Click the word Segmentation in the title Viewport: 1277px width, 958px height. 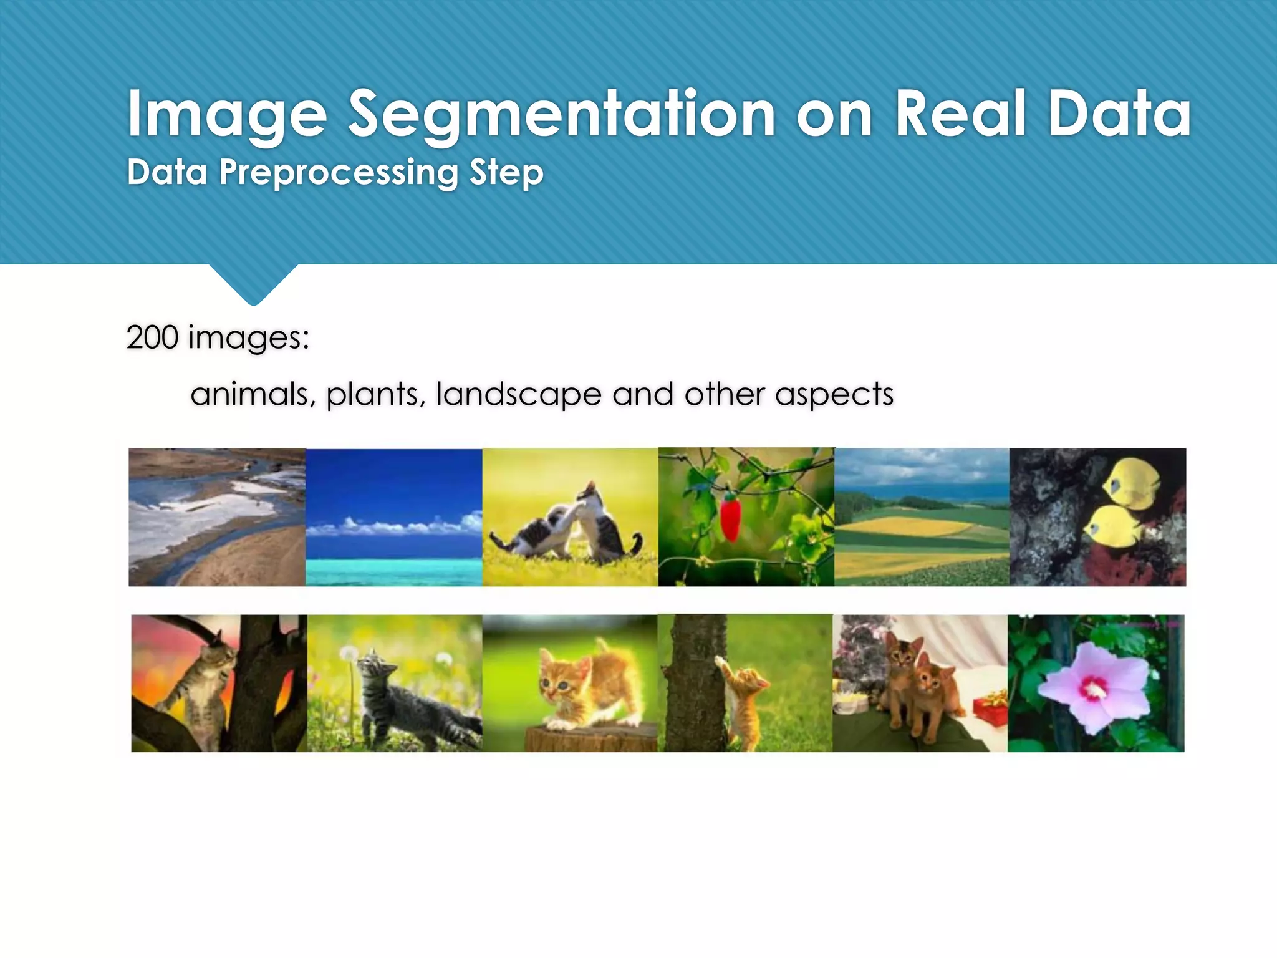[561, 114]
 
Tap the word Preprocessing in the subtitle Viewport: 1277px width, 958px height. [339, 173]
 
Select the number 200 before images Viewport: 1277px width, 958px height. [152, 337]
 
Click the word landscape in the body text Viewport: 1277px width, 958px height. [518, 394]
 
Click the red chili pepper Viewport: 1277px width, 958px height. [730, 517]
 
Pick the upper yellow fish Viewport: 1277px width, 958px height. [1130, 483]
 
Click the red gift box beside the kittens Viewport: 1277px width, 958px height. [990, 708]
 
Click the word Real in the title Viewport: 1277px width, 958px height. [960, 114]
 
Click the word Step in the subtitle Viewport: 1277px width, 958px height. [506, 173]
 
